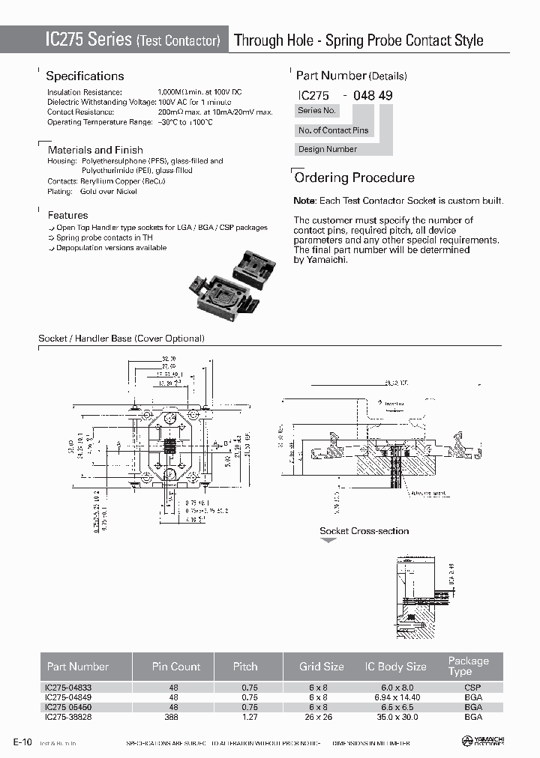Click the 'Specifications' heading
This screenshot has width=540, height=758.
point(85,76)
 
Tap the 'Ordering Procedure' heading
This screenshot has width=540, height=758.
point(354,178)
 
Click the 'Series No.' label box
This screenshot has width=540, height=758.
point(317,111)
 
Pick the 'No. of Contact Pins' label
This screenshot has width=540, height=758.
point(334,130)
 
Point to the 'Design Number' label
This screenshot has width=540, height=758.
point(328,149)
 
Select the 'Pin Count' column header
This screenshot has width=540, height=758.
point(176,666)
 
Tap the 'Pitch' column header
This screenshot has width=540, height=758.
point(245,666)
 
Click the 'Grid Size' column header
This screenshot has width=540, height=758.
point(322,666)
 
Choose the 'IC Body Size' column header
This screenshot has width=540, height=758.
point(395,666)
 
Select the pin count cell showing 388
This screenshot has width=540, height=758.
point(174,716)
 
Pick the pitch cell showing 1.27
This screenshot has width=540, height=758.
point(250,716)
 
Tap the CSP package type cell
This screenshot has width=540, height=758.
point(472,687)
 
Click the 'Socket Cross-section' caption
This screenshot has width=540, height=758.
point(364,531)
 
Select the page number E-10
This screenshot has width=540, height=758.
point(22,742)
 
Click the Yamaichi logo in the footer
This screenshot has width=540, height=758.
point(483,741)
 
